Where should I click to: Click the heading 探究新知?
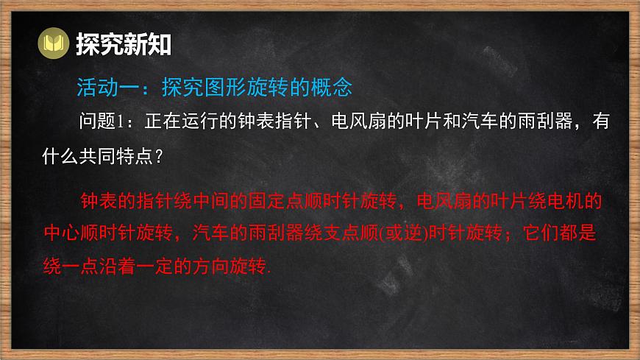click(x=123, y=45)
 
